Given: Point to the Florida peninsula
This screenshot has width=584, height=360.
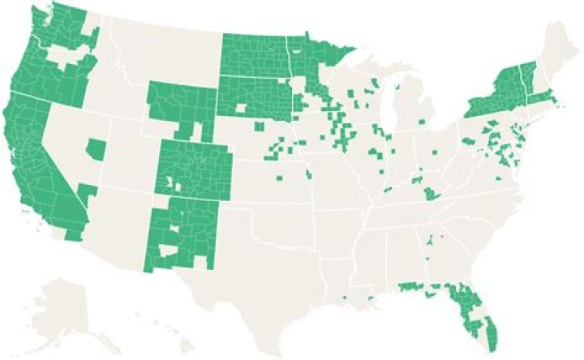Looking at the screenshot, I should tap(470, 312).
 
